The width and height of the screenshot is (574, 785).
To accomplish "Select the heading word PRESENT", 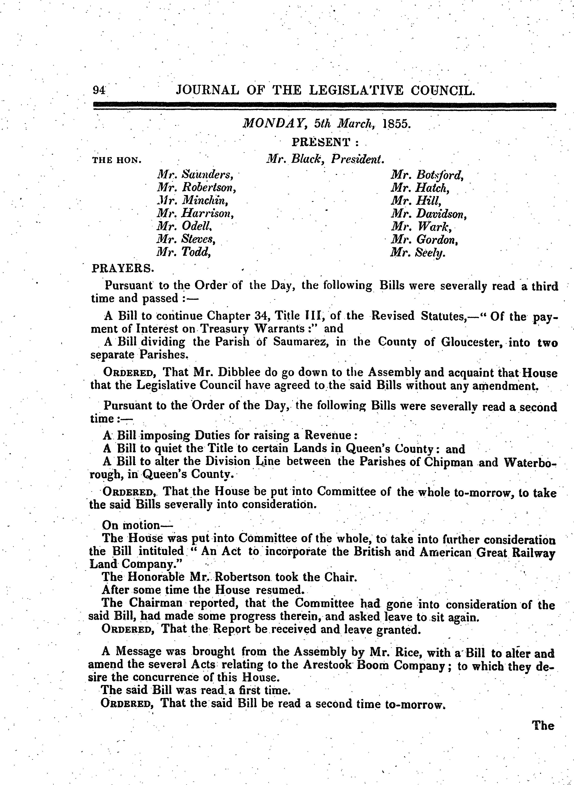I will pyautogui.click(x=320, y=142).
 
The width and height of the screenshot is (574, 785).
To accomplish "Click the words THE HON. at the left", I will pyautogui.click(x=116, y=160).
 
